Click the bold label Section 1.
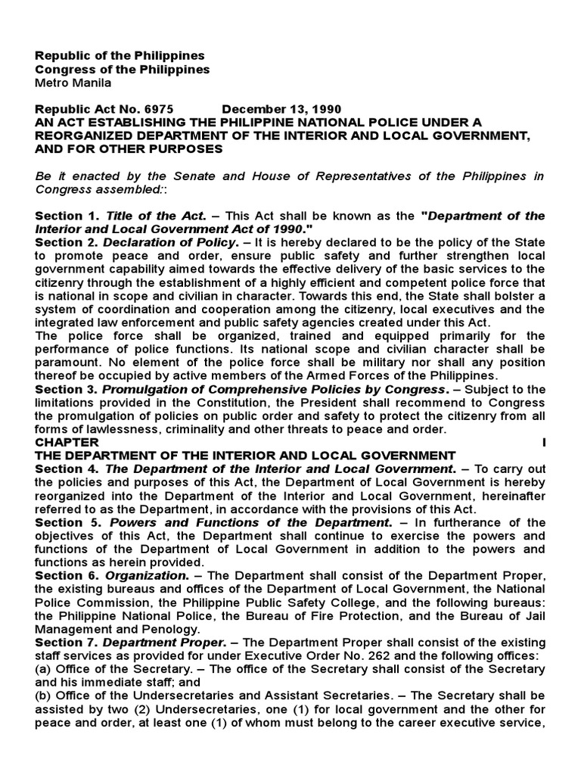pos(67,216)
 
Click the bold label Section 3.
pos(67,389)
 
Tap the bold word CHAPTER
pos(67,441)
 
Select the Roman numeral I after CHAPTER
pos(542,441)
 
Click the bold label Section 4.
pos(67,469)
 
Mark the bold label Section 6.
pos(67,575)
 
